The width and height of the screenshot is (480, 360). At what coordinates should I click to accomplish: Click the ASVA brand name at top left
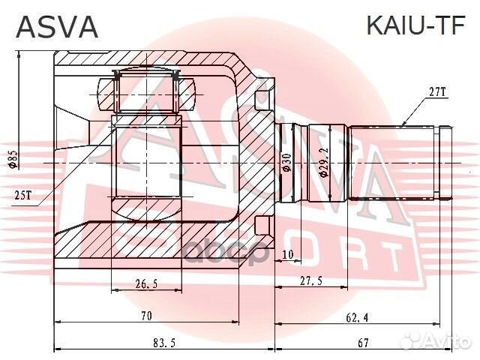click(x=57, y=26)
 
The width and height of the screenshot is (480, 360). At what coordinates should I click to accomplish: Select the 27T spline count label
click(x=437, y=92)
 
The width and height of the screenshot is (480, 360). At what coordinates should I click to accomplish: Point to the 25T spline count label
click(x=23, y=196)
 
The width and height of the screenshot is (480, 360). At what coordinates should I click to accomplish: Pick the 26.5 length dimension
click(x=147, y=283)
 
